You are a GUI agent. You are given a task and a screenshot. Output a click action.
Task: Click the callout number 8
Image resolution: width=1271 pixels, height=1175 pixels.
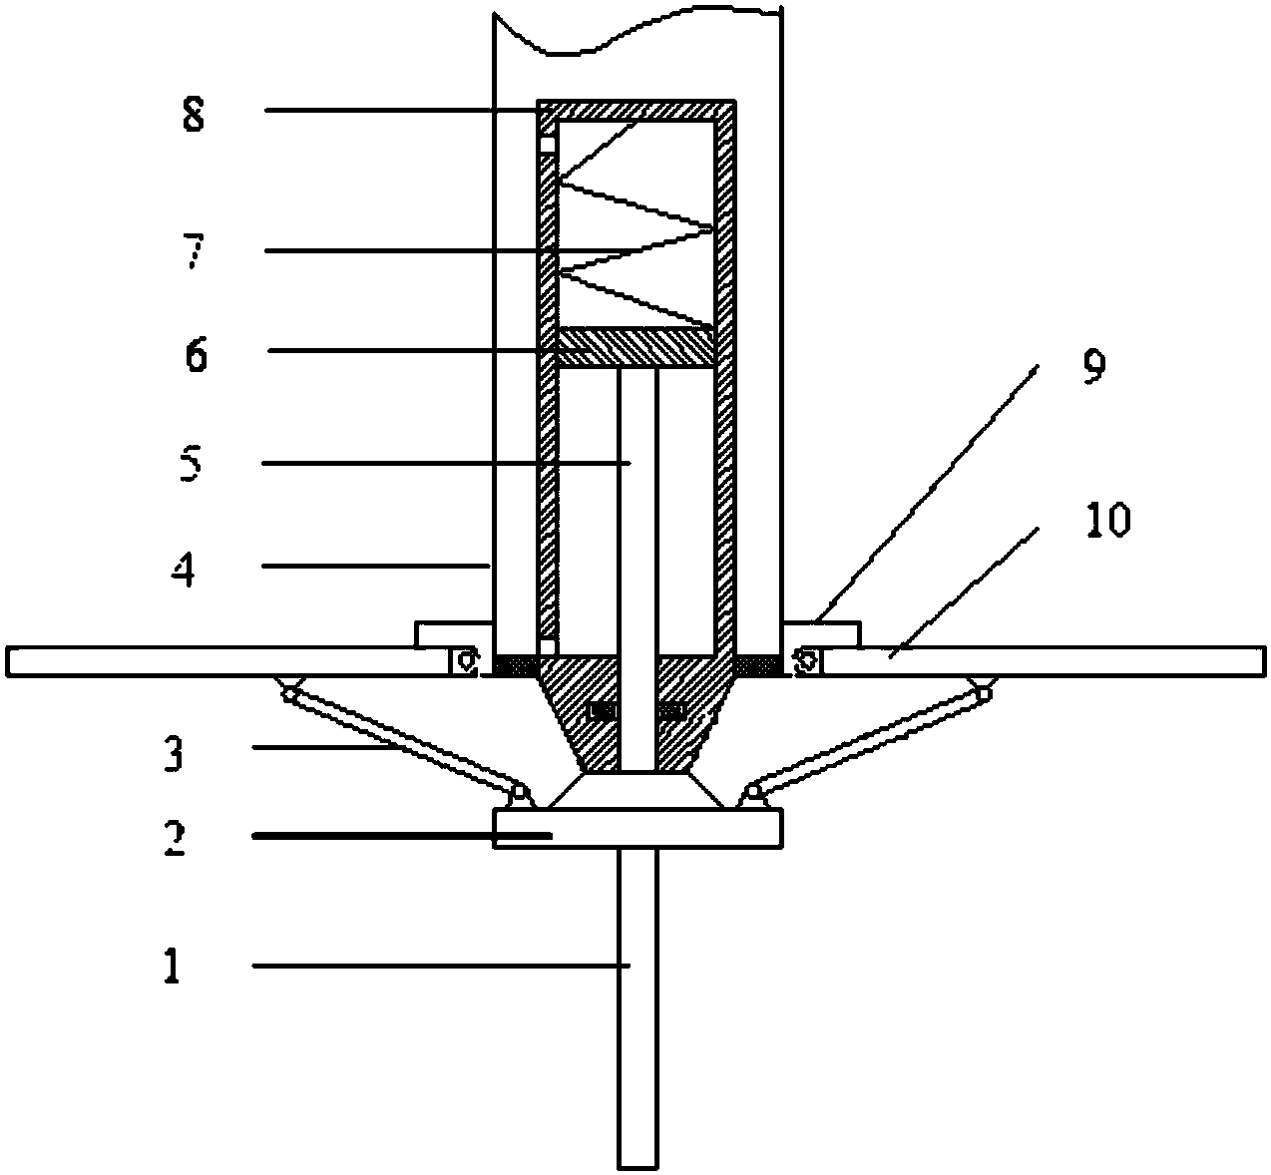click(x=194, y=116)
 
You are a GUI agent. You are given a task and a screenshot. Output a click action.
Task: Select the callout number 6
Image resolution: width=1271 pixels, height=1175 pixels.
click(x=197, y=354)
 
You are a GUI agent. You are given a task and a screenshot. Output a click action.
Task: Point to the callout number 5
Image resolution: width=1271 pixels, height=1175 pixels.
click(x=191, y=463)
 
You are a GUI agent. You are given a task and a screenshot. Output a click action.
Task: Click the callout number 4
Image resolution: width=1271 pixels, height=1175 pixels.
click(x=183, y=571)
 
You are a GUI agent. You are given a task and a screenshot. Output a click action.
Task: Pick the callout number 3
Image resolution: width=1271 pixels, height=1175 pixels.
click(x=173, y=753)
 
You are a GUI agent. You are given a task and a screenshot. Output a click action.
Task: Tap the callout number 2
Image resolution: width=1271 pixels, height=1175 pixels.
click(x=174, y=839)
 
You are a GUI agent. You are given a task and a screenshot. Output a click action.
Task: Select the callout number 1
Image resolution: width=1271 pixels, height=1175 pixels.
click(x=171, y=966)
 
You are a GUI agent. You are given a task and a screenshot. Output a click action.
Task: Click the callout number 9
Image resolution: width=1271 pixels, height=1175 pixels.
click(x=1093, y=367)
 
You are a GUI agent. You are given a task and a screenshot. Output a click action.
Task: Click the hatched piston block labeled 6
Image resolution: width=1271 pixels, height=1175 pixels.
click(x=636, y=347)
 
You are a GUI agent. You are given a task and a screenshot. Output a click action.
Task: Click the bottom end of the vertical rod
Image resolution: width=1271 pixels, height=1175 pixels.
click(x=638, y=1168)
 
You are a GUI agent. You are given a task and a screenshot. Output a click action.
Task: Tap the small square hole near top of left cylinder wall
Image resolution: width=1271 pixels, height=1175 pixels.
click(x=548, y=145)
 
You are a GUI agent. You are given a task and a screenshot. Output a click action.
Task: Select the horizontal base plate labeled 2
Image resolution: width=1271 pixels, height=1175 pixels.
click(x=638, y=828)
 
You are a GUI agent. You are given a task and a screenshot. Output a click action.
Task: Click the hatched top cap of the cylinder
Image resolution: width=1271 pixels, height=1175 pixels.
click(x=636, y=110)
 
